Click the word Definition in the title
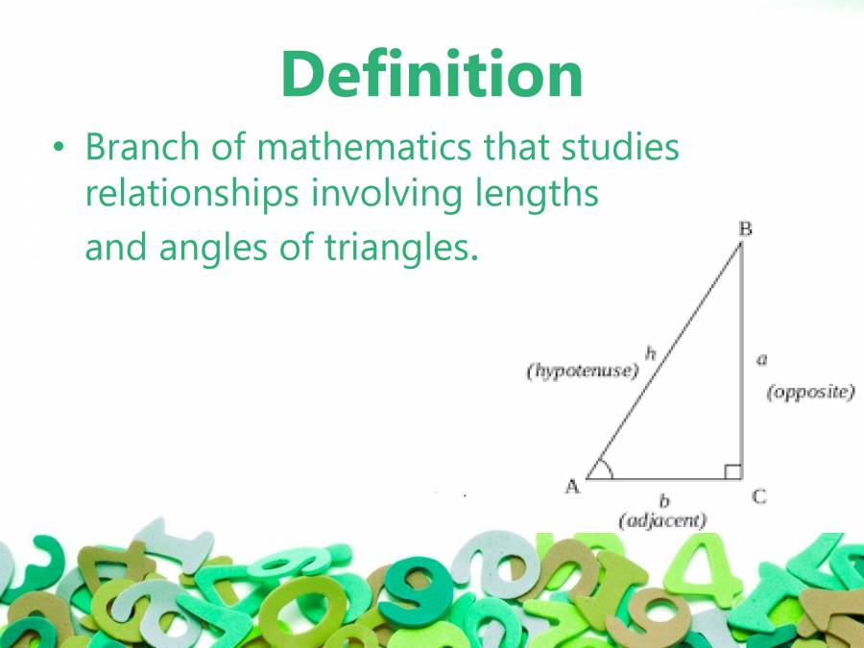432,74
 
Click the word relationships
191,194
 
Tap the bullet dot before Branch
59,150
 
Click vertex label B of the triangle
745,228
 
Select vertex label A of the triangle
572,486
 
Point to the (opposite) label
810,392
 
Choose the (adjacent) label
662,520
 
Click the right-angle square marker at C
732,470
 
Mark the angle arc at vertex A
604,468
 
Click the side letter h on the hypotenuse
650,353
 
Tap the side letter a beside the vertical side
761,359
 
